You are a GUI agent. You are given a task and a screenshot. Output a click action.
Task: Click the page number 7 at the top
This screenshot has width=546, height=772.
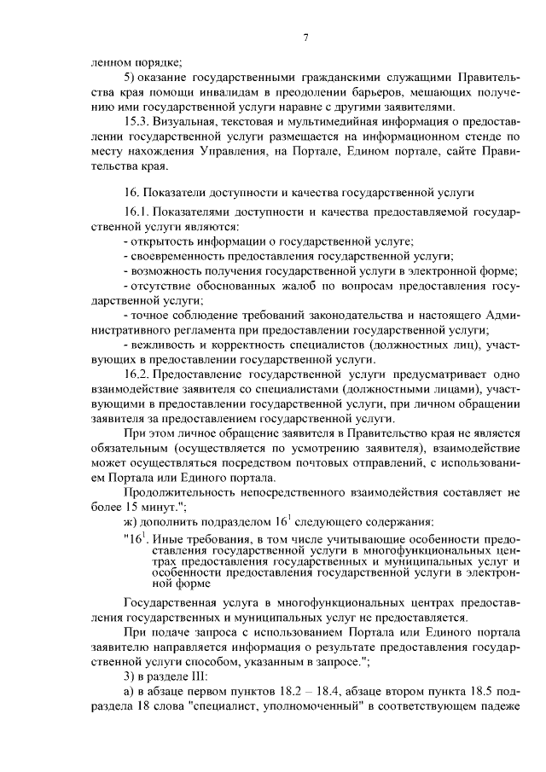[305, 37]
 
